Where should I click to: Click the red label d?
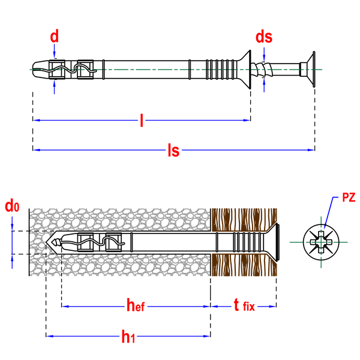click(54, 37)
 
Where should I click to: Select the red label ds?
click(263, 37)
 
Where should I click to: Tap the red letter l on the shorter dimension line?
click(141, 121)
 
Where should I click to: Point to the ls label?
click(173, 150)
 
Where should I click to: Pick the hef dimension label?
click(136, 306)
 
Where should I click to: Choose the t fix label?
click(244, 306)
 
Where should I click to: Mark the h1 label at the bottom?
click(127, 337)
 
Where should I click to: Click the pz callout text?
click(349, 198)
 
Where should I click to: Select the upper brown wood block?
click(244, 220)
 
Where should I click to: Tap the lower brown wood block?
click(244, 265)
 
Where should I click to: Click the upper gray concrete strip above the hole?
click(120, 220)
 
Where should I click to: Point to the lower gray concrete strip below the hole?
click(120, 265)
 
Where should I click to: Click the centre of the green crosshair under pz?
click(320, 242)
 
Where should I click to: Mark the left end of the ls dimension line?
click(35, 150)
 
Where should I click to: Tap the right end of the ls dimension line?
click(312, 150)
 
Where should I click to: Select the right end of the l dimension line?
click(247, 121)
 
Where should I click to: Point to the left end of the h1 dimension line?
click(49, 337)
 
